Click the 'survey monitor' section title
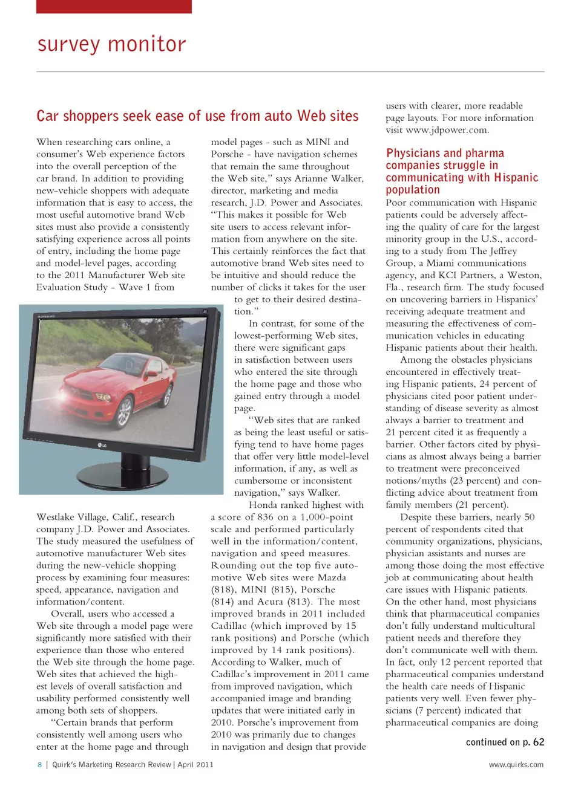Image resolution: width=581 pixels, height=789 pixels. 112,44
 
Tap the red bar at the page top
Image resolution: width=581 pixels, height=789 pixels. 114,7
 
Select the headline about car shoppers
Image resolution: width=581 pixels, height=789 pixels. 197,116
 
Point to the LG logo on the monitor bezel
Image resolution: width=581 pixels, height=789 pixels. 103,445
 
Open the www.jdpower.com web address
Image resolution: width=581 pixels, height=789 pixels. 446,130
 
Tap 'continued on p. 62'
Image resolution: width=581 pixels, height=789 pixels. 505,742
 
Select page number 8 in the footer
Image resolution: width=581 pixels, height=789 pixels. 40,765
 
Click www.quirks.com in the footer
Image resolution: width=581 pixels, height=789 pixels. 516,765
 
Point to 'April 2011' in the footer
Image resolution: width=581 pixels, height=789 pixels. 195,765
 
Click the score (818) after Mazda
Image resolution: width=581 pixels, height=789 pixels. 223,589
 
